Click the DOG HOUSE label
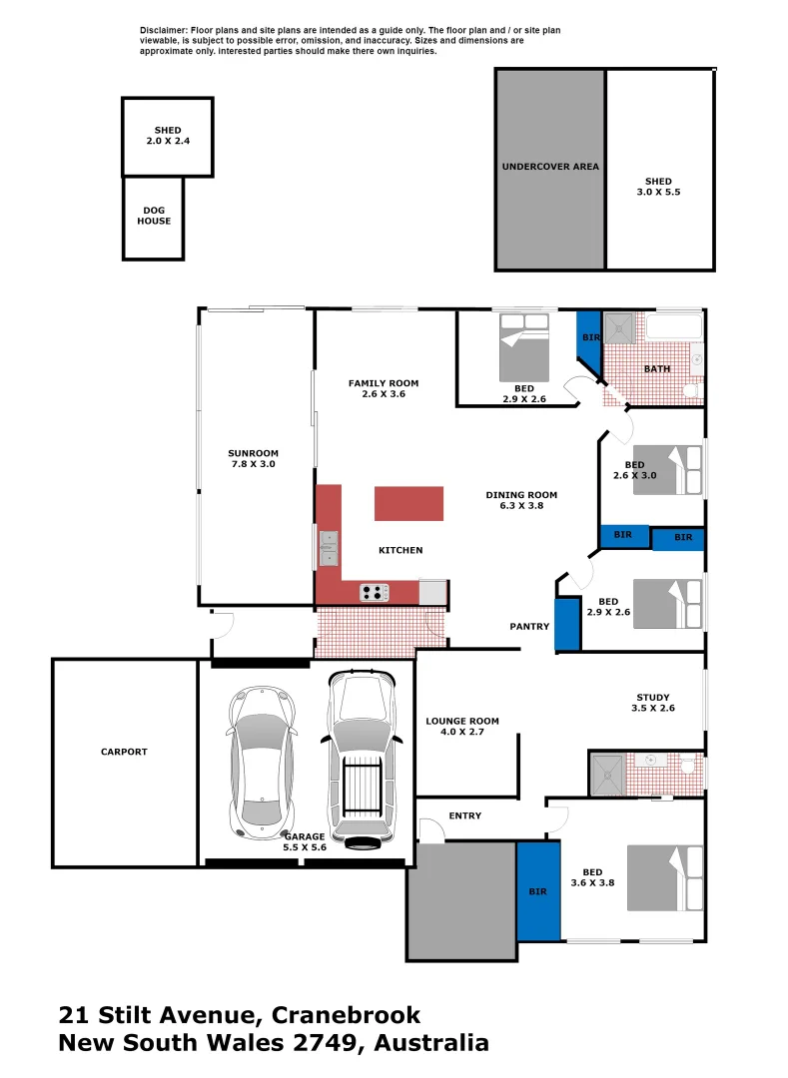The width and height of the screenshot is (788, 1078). [x=154, y=216]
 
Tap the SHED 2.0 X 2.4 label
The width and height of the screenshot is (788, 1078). [x=167, y=136]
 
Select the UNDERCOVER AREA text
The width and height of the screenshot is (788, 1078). [x=550, y=167]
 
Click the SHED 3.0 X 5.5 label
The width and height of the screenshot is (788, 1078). [x=658, y=187]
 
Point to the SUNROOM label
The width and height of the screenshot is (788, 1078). [x=253, y=458]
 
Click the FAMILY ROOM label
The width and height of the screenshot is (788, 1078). [x=383, y=388]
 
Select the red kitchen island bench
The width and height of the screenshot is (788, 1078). [x=408, y=503]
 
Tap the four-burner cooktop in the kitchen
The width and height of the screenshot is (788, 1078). [x=375, y=593]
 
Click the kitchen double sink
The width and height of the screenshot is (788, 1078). [x=329, y=548]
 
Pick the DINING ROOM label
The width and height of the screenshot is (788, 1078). [x=521, y=500]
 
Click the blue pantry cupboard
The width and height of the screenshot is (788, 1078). [x=567, y=624]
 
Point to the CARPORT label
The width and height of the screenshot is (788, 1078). [x=124, y=752]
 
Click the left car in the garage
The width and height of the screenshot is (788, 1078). [x=263, y=759]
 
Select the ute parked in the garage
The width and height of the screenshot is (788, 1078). [x=362, y=759]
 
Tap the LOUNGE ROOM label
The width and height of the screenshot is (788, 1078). [x=461, y=727]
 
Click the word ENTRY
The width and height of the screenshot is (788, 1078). [x=464, y=815]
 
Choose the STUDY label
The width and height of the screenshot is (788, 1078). [x=653, y=703]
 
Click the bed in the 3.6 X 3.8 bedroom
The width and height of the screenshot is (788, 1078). [x=664, y=878]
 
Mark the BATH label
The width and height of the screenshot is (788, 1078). [x=657, y=368]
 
